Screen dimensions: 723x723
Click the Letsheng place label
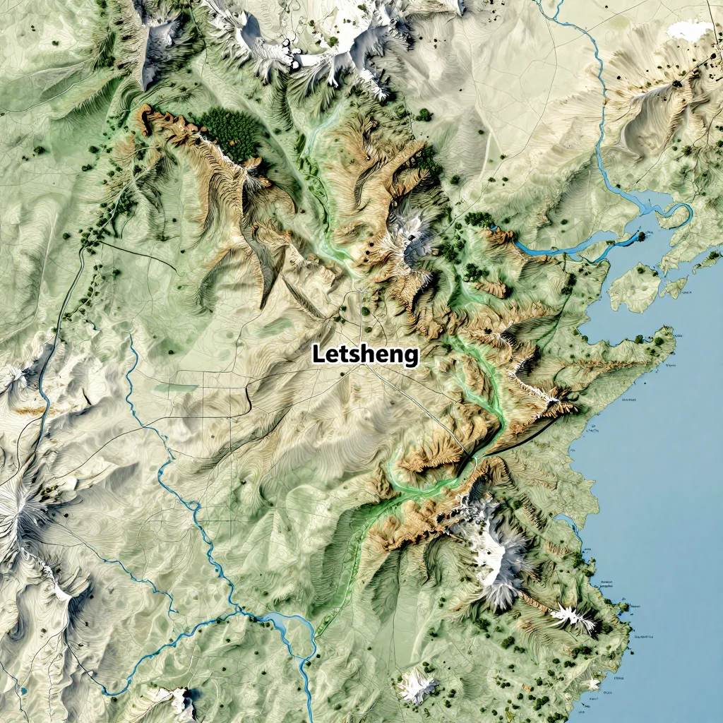(x=366, y=354)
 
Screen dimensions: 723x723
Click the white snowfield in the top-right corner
(x=690, y=30)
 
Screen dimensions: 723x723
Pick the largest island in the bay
(x=633, y=287)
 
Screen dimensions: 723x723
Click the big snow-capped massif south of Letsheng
(x=494, y=544)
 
